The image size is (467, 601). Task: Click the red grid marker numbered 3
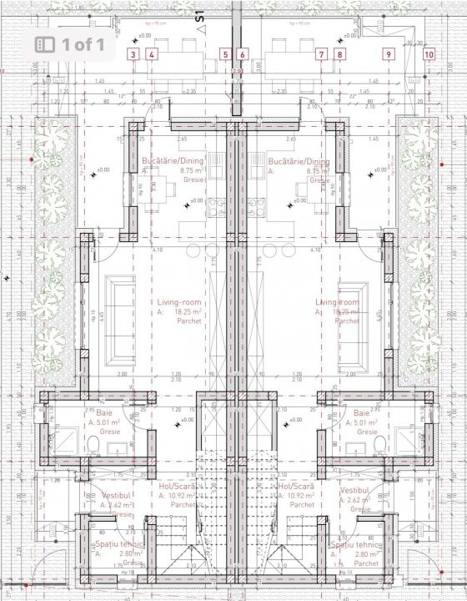tap(133, 54)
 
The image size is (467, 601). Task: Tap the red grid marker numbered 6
tap(242, 54)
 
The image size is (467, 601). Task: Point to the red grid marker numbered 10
tap(429, 54)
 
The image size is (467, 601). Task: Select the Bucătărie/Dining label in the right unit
tap(299, 161)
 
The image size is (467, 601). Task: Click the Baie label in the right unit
tap(361, 413)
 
